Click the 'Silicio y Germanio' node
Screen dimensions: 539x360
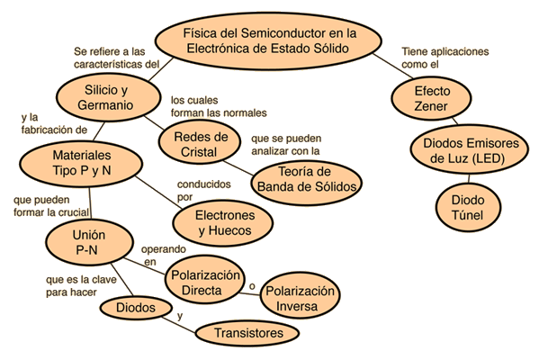pos(108,97)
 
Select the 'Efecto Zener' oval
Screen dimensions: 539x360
pos(431,99)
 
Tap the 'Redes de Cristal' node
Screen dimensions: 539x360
pos(200,144)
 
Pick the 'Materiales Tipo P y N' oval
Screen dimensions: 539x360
pos(81,163)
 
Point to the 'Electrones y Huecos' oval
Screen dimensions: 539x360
pos(223,223)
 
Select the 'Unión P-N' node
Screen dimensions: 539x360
pos(89,242)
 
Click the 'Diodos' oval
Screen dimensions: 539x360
pos(136,307)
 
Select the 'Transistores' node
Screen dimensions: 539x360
pos(247,333)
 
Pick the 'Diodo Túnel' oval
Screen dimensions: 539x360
pos(468,207)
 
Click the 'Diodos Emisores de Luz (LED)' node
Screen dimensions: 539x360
pos(470,150)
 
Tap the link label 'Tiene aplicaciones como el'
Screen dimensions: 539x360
pos(445,58)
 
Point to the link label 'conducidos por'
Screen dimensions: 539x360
pos(204,190)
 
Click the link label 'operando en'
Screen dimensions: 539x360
pos(164,255)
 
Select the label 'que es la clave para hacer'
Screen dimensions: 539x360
pos(81,285)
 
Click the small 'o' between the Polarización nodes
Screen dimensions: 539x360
pos(252,286)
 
